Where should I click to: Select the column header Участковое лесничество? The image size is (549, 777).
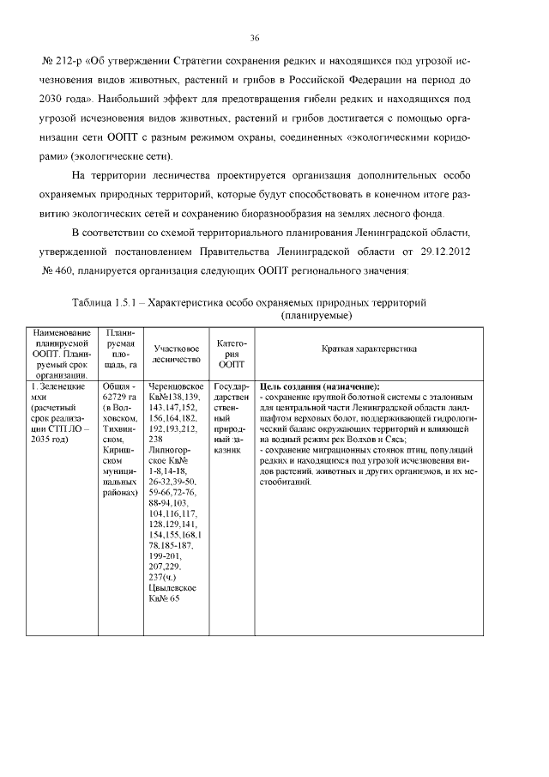(177, 355)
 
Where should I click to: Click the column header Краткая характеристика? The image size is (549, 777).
(369, 349)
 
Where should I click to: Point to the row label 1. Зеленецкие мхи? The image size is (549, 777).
(57, 392)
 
